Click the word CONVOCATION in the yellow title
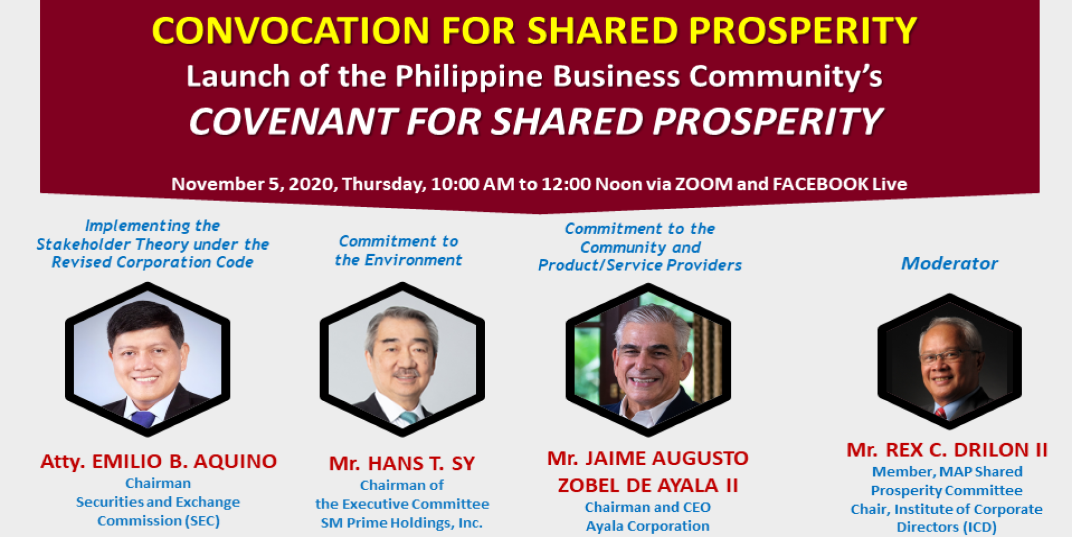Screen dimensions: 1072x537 [x=290, y=30]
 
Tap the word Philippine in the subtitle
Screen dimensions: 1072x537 [x=469, y=76]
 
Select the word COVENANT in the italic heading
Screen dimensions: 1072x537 [x=293, y=121]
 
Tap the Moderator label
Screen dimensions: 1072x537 [x=950, y=263]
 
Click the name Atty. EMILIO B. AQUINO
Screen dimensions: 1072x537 [x=159, y=462]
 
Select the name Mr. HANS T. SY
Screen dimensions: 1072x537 [x=402, y=463]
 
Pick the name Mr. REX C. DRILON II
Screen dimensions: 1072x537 [x=947, y=450]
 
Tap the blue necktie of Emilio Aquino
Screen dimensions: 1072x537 [x=143, y=418]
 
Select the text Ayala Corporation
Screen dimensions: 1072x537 [x=648, y=526]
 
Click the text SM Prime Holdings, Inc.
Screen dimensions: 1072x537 [x=401, y=523]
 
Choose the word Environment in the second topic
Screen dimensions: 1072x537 [x=413, y=260]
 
